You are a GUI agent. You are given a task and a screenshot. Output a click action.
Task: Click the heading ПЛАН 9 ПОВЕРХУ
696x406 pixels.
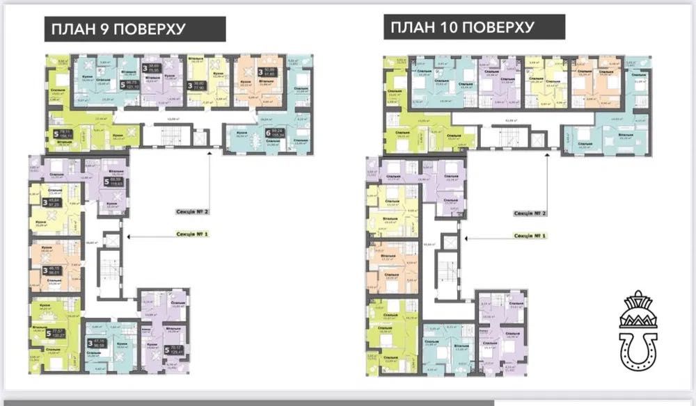(x=116, y=29)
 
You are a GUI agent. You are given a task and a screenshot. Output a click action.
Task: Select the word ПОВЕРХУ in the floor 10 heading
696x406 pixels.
(x=504, y=28)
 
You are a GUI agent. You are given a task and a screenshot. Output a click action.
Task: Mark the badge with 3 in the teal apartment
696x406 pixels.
(x=90, y=343)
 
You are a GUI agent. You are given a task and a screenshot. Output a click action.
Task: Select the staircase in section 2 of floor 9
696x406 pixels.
(x=168, y=136)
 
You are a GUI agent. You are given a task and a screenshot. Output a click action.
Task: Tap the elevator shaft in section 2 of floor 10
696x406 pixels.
(x=537, y=139)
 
